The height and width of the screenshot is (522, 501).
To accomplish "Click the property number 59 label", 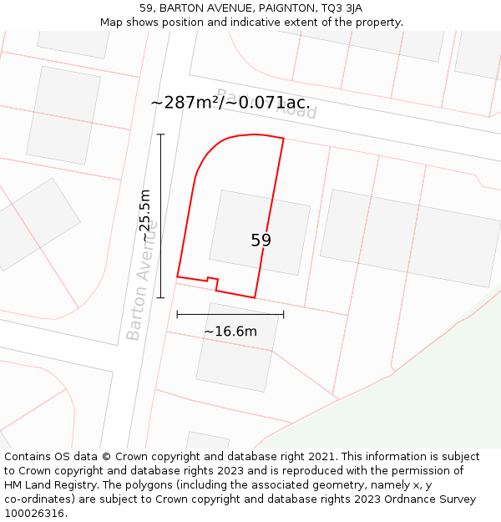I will (261, 241).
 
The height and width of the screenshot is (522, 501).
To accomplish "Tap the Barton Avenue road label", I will (142, 280).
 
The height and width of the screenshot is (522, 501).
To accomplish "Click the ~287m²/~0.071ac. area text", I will (230, 103).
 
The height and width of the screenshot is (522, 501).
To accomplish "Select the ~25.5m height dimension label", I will (145, 215).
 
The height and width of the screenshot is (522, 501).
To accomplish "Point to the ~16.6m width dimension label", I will (230, 332).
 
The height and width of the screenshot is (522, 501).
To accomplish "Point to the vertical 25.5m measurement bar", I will (160, 215).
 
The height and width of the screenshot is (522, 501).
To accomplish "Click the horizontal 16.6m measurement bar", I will (230, 315).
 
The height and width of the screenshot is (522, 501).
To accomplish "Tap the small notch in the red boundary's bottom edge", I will (212, 281).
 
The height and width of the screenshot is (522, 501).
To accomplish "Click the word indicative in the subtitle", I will (269, 23).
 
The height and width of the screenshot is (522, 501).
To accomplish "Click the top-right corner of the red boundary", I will (284, 139).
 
